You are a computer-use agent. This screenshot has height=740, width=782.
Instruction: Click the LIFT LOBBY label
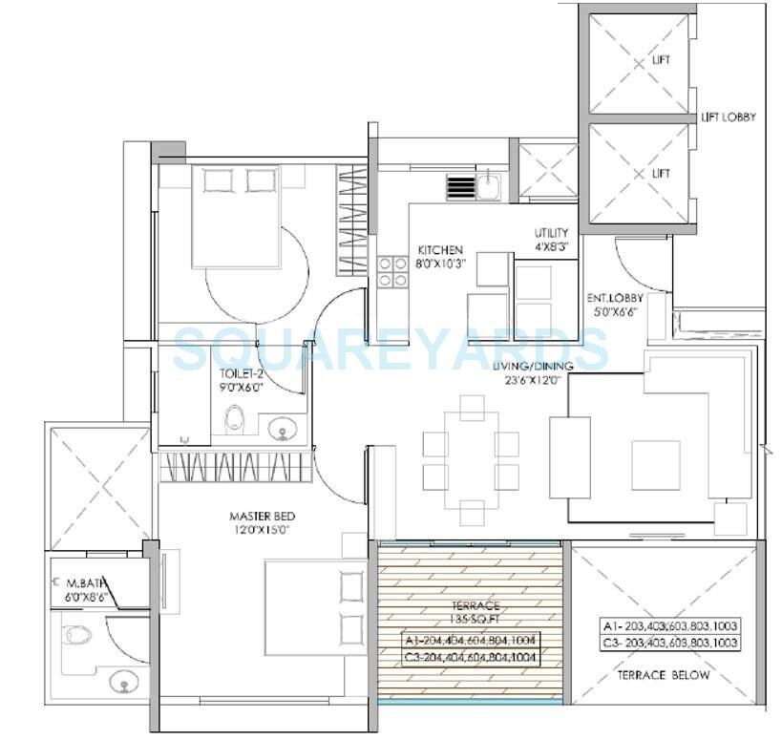coord(728,117)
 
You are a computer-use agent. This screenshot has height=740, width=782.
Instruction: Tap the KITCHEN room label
coord(440,250)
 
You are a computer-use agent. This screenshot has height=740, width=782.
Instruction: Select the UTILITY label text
coord(552,233)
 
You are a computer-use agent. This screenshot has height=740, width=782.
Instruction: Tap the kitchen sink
coord(488,184)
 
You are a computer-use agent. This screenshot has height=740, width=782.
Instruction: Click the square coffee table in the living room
coord(655,463)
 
